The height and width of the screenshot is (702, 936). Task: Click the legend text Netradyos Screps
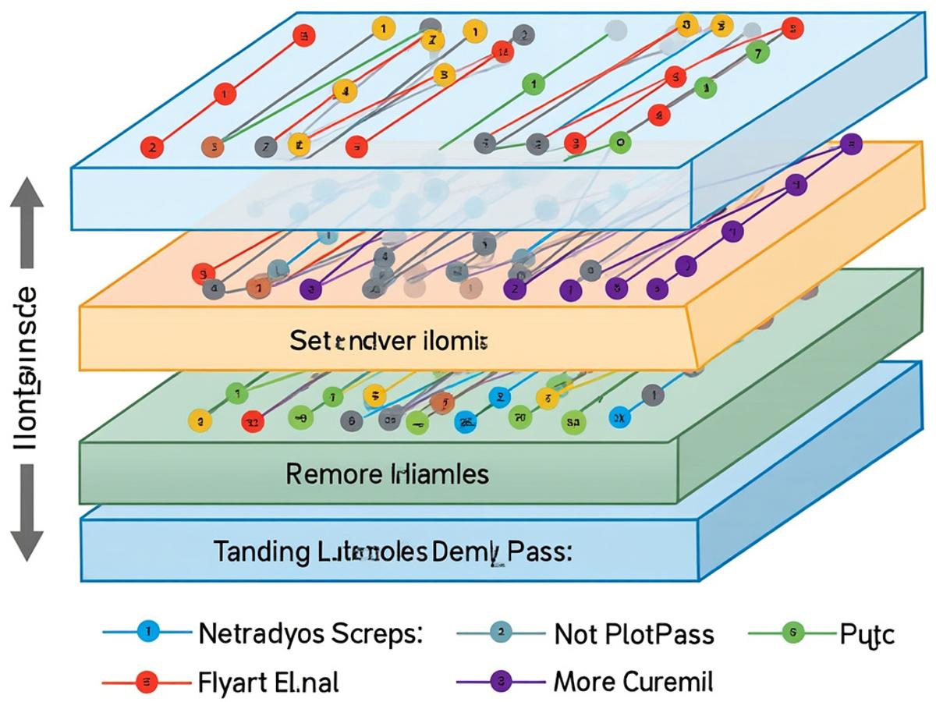point(310,633)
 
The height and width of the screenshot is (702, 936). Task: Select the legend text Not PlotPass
point(633,634)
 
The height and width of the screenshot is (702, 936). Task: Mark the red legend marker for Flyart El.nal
point(147,682)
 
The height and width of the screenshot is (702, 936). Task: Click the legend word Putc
point(867,635)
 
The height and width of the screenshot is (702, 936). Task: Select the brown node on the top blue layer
point(211,146)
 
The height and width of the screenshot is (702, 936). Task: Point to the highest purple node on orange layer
point(850,144)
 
